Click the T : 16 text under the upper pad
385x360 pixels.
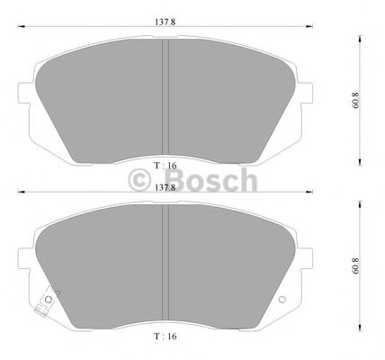[165, 166]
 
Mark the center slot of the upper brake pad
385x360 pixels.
[165, 98]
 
